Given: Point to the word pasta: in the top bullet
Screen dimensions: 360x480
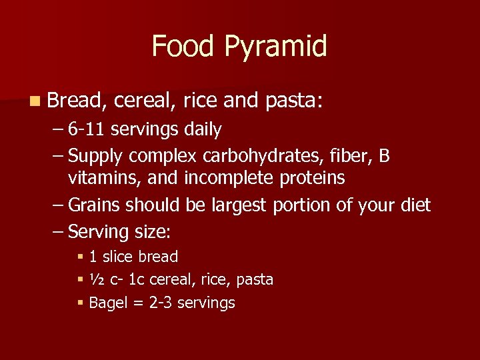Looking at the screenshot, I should [294, 101].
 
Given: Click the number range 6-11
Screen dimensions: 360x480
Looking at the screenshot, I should [87, 129].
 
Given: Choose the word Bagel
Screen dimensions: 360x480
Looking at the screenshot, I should [107, 303].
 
